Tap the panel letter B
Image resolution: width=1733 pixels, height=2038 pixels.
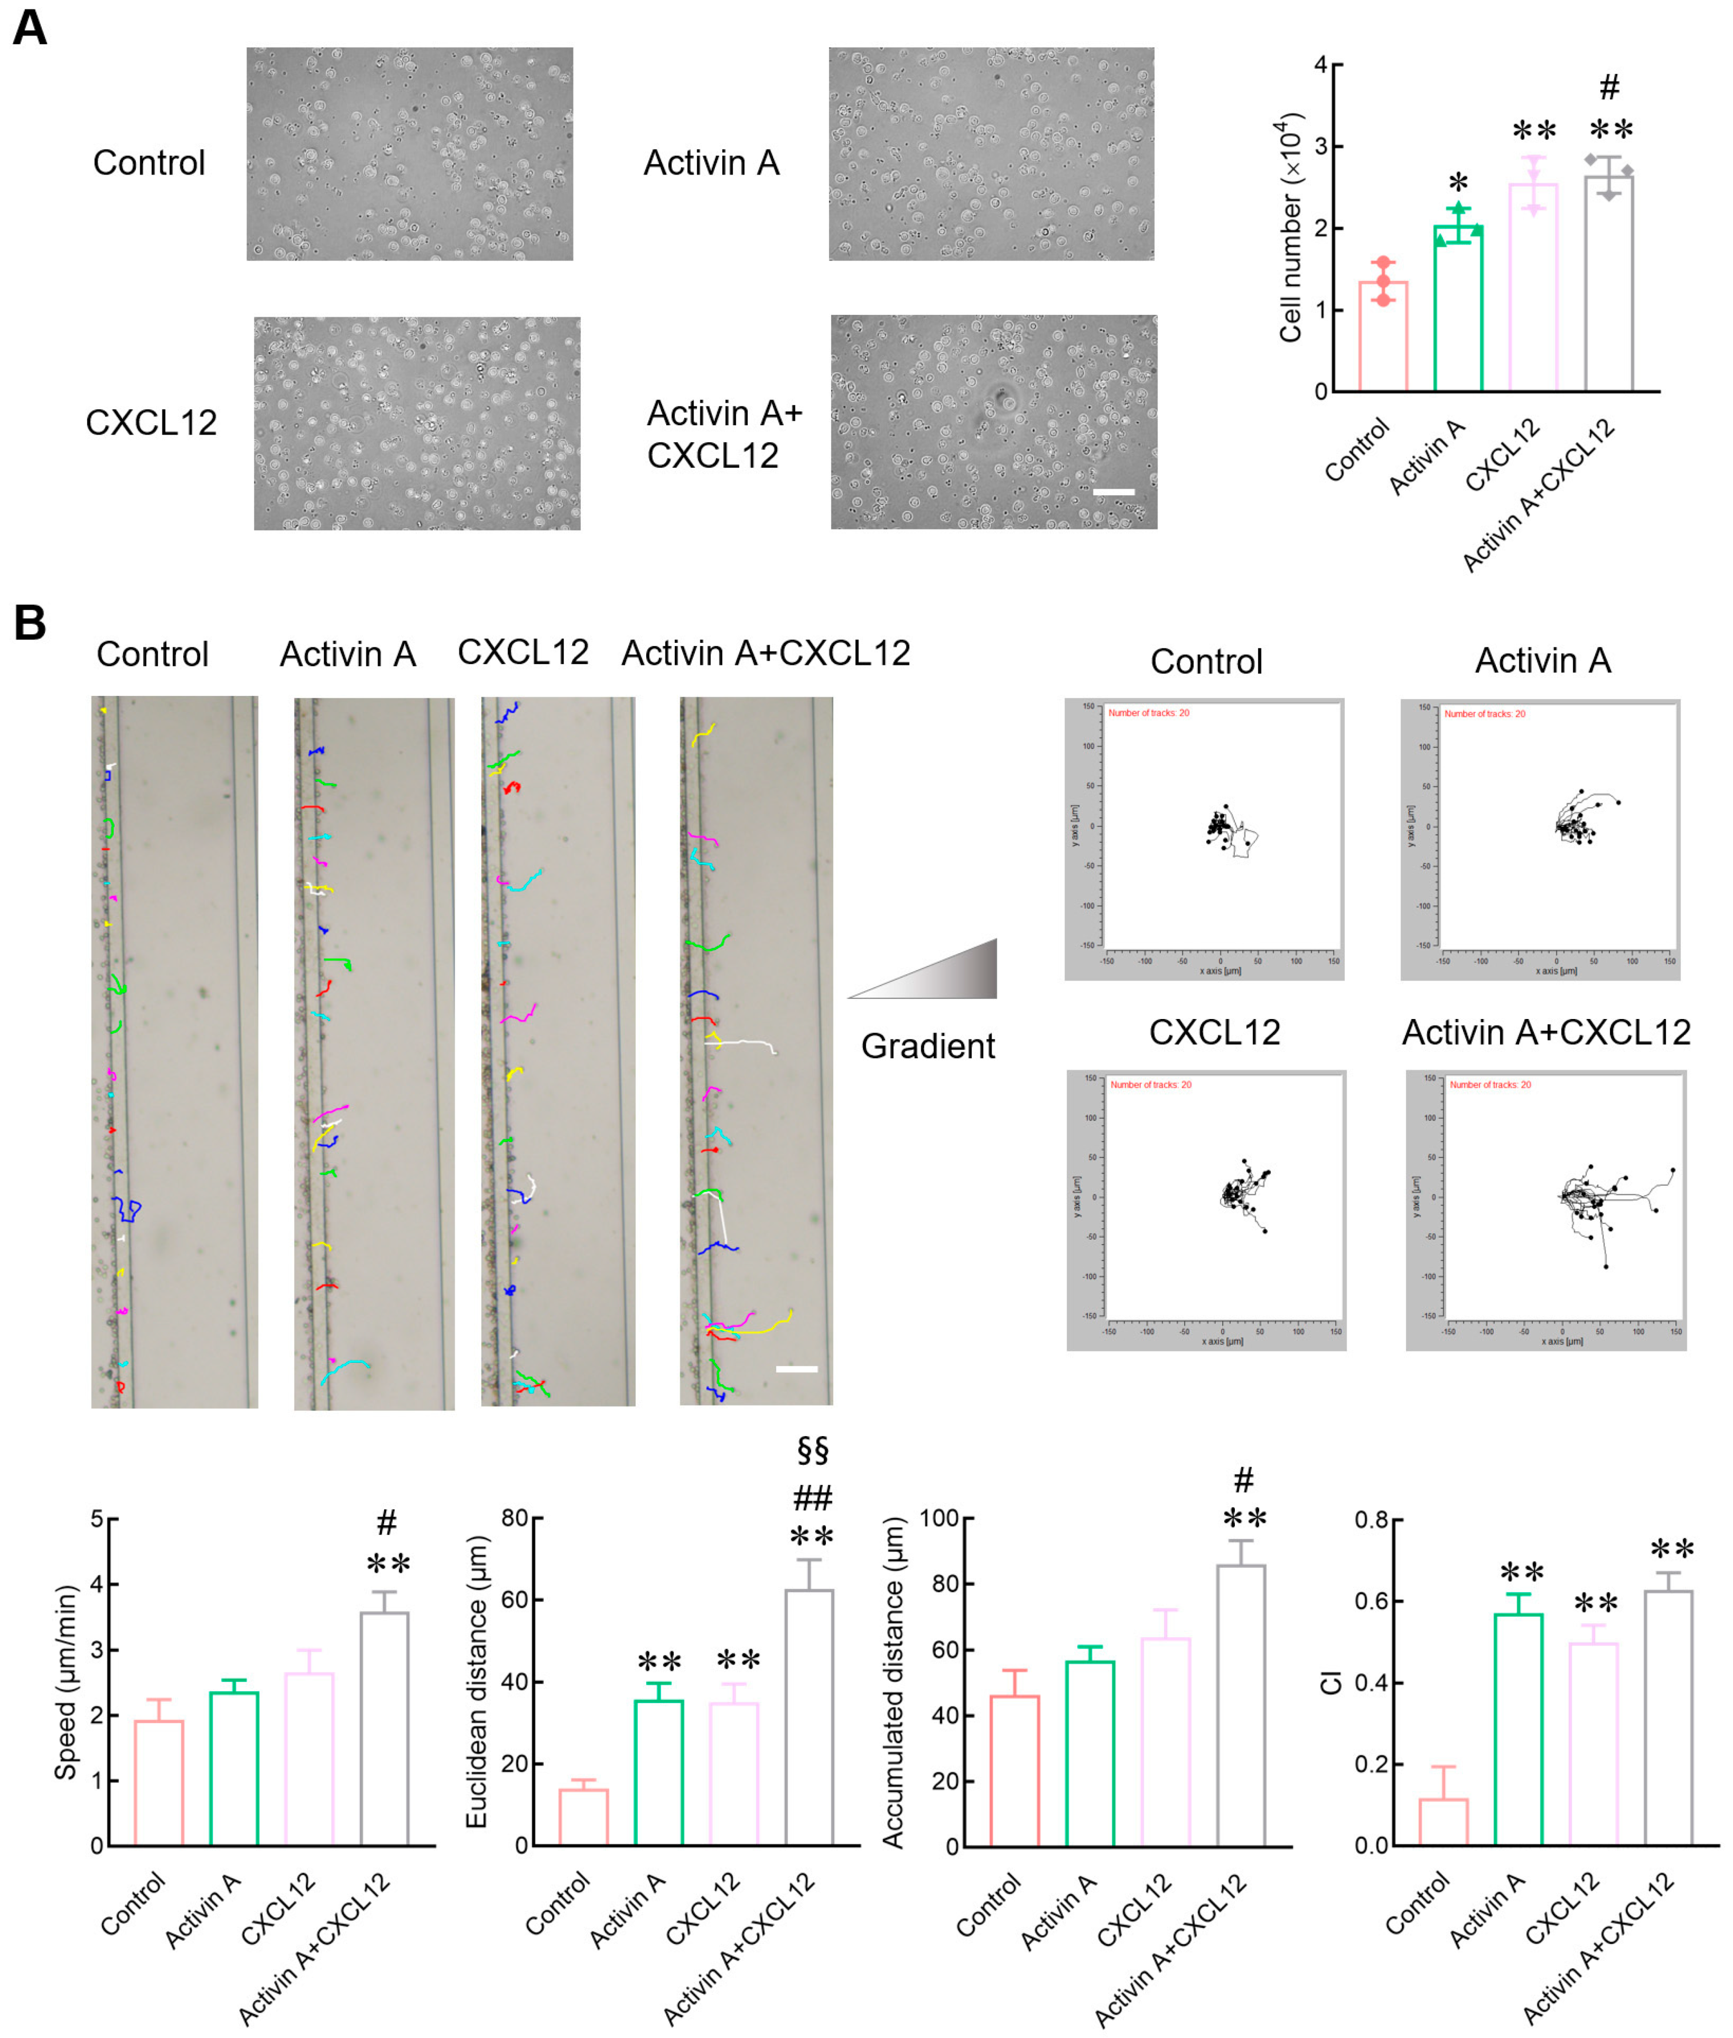click(30, 623)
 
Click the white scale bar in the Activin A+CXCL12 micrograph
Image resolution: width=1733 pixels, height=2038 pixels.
click(1113, 491)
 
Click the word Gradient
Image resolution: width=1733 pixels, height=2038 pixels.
click(928, 1046)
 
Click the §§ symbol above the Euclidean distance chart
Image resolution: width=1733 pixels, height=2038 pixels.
click(813, 1450)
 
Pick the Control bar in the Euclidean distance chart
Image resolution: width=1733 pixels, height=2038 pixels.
click(584, 1817)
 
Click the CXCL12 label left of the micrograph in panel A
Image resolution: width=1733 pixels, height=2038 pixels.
click(151, 423)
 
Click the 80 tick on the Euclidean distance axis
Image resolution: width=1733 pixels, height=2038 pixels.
click(514, 1518)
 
